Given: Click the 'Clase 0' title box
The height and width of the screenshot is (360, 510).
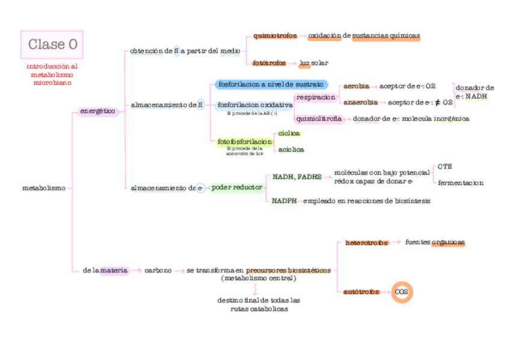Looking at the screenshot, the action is [x=52, y=44].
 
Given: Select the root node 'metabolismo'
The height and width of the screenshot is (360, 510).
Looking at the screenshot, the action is [x=43, y=188].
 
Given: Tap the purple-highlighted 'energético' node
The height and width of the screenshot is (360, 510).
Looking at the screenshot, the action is [x=98, y=111].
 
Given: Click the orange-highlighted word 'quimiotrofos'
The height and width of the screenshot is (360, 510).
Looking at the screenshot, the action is [x=275, y=36].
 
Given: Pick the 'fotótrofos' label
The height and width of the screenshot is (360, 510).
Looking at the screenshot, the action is [x=268, y=63].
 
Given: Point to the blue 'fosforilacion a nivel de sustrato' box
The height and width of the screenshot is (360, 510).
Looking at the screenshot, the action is [x=271, y=84].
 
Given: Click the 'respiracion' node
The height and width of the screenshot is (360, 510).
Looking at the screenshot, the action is [x=315, y=97].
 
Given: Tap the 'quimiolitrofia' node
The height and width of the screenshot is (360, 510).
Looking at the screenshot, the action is [x=319, y=119].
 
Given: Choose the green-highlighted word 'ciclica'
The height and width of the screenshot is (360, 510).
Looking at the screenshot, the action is [x=289, y=133].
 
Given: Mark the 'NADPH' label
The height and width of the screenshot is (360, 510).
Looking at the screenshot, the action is [x=284, y=201].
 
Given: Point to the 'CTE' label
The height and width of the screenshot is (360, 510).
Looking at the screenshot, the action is [x=444, y=166].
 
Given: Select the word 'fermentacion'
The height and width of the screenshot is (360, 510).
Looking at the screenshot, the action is [x=460, y=183].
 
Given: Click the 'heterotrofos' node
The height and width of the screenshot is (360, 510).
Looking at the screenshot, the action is [x=366, y=243].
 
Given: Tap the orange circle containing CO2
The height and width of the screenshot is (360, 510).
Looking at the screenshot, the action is [x=402, y=292].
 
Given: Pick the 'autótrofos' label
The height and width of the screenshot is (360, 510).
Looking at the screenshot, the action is [x=361, y=292].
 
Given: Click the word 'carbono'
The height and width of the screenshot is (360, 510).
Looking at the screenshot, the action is [x=158, y=270].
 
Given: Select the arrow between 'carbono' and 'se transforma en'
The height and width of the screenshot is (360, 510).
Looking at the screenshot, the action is [x=179, y=271].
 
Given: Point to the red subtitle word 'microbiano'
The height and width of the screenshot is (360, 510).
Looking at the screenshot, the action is [x=52, y=83].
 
